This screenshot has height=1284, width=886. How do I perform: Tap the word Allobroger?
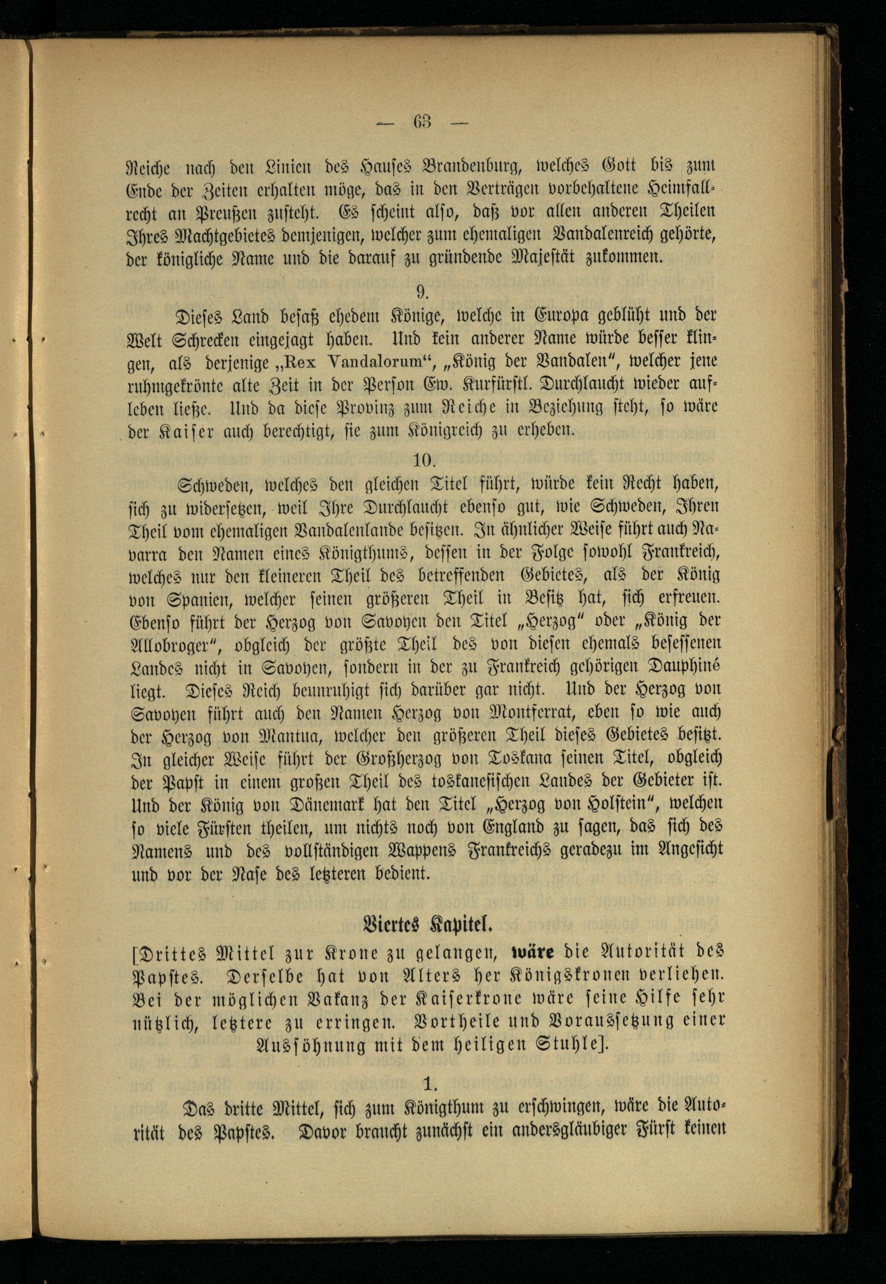point(169,644)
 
